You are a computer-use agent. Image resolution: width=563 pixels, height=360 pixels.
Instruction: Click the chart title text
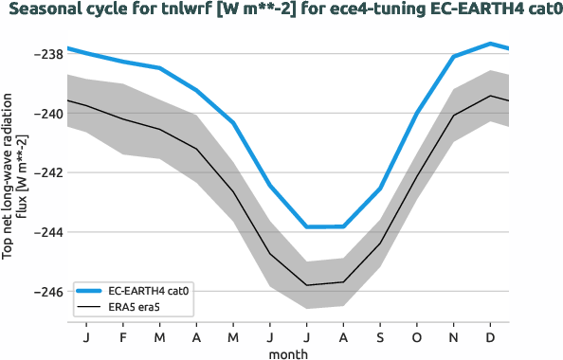[281, 11]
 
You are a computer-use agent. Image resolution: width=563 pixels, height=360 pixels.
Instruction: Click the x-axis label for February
[123, 336]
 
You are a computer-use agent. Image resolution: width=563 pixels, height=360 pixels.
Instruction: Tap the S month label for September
[380, 336]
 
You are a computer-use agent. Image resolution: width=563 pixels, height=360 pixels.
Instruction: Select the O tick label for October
[417, 336]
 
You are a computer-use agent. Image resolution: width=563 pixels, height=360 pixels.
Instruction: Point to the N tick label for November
[454, 336]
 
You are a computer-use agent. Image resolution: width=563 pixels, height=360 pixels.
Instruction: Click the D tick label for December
[490, 336]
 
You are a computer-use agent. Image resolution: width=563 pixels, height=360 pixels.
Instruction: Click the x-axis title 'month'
[288, 351]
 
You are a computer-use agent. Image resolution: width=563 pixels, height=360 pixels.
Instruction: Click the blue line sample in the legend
[90, 291]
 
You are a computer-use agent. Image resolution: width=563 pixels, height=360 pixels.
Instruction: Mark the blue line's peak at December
[490, 43]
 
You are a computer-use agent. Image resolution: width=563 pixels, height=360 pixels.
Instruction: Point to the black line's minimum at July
[307, 285]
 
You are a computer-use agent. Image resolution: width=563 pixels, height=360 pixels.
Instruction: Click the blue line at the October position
[417, 114]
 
